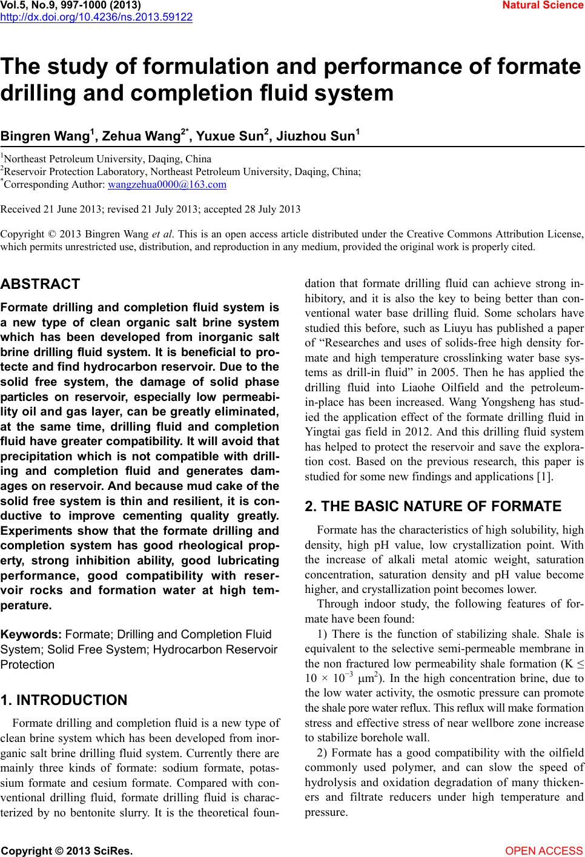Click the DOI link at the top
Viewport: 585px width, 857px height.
click(x=96, y=17)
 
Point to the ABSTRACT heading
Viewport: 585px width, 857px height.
click(x=41, y=284)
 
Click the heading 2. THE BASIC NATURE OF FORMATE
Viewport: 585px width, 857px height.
click(x=434, y=506)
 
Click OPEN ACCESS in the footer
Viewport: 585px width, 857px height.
click(x=544, y=851)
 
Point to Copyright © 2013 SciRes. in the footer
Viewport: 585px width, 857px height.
click(x=66, y=851)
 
